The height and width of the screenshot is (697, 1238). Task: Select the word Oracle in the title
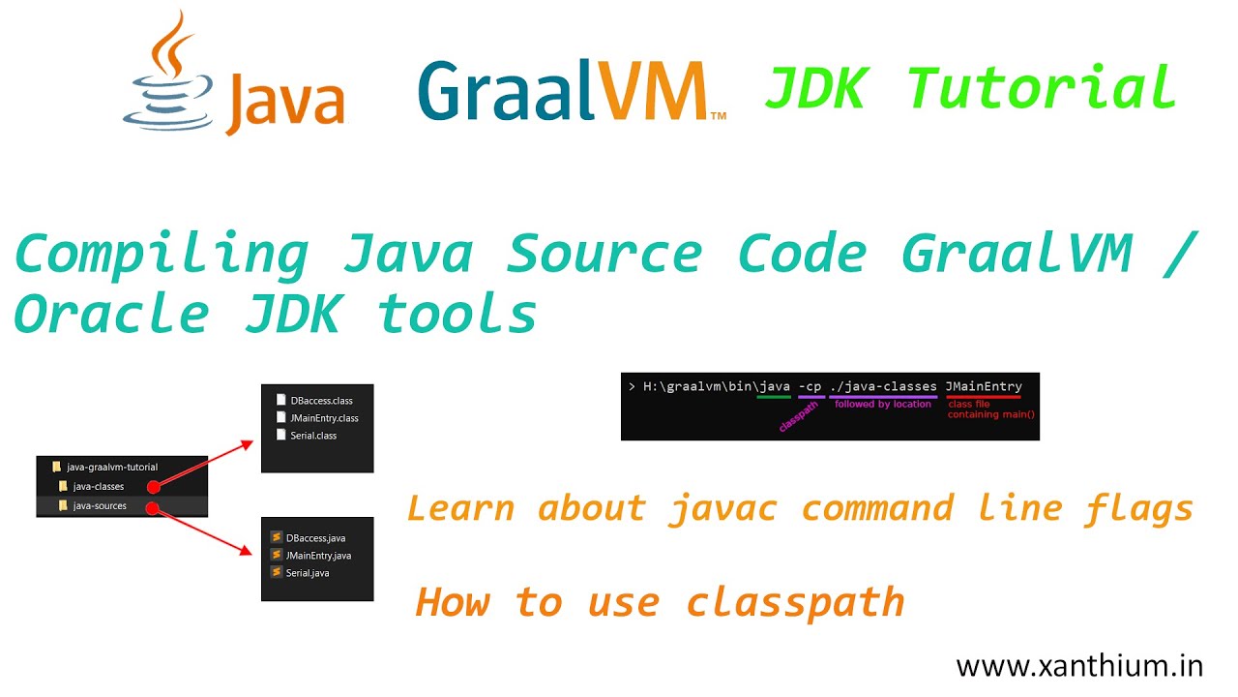point(112,314)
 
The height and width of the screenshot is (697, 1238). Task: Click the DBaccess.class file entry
point(320,400)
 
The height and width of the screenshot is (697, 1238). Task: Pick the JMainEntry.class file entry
point(323,418)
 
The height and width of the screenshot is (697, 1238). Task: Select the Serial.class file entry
point(312,436)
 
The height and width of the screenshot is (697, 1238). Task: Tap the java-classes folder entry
point(98,486)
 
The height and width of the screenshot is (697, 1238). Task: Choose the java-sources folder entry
point(99,506)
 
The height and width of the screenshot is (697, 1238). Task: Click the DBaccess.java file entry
point(314,538)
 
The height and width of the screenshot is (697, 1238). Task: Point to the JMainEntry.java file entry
point(317,556)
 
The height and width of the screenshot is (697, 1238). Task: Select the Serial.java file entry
point(307,573)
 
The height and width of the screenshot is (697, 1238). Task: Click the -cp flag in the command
point(811,386)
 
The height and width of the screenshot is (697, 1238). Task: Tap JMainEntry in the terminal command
point(984,386)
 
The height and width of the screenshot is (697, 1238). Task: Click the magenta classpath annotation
point(798,417)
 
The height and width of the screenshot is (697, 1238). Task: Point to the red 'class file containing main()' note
point(990,409)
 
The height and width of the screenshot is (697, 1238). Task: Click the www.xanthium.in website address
point(1079,666)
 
